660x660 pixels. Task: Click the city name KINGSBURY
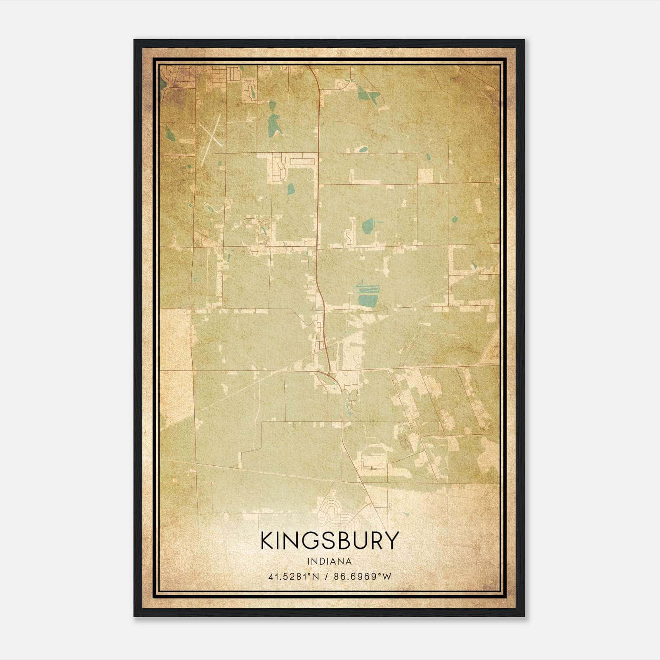(330, 540)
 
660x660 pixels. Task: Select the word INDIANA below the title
(330, 561)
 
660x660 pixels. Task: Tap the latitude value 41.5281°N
(294, 576)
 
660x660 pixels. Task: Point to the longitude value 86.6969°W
(362, 576)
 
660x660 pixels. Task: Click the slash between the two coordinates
(327, 576)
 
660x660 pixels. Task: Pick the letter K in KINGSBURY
(268, 540)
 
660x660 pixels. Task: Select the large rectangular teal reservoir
(368, 299)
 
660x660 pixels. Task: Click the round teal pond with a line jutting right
(368, 225)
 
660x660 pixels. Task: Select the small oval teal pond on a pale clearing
(363, 149)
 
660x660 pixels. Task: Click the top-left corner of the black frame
(135, 40)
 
